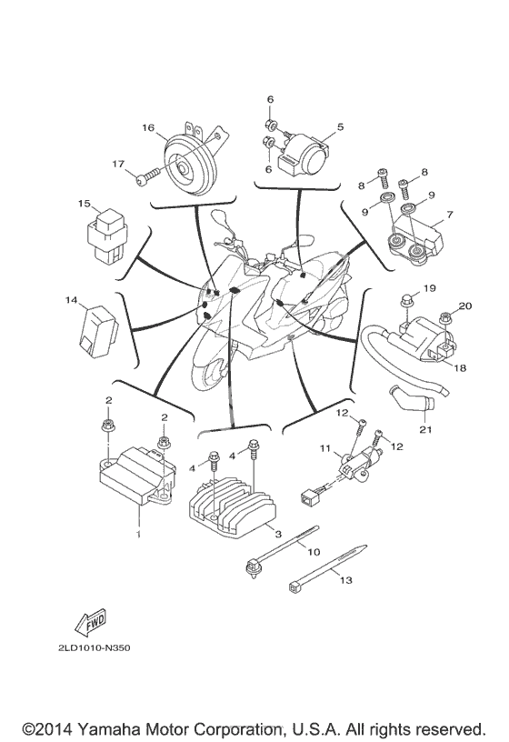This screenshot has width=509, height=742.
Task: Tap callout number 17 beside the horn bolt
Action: (x=118, y=164)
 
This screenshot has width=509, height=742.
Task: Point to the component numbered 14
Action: (x=100, y=326)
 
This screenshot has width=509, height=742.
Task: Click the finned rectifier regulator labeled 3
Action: (x=232, y=501)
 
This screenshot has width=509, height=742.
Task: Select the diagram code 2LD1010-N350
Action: (x=95, y=647)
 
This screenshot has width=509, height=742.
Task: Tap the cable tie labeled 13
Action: (x=327, y=567)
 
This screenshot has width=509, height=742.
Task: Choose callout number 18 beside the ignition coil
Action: (x=459, y=366)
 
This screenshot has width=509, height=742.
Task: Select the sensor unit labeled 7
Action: (x=414, y=238)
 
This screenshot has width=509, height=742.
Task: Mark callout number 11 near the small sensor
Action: (x=325, y=447)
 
